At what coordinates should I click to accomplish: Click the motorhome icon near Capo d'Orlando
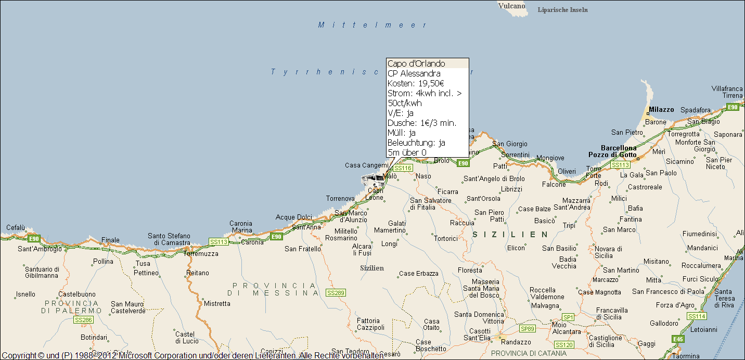coord(373,181)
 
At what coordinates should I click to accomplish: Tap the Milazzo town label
coord(661,110)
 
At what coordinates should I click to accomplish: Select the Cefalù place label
coord(16,227)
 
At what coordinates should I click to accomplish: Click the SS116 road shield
coord(403,168)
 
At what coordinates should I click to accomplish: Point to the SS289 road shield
coord(336,293)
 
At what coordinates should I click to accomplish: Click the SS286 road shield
coord(83,319)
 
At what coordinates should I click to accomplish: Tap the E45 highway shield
coord(677,339)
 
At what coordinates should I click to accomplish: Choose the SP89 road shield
coord(527,328)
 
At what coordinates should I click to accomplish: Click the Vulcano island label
coord(512,6)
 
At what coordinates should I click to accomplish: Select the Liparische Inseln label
coord(562,10)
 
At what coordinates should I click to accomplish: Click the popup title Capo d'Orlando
coord(416,63)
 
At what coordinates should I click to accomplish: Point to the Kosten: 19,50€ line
coord(415,83)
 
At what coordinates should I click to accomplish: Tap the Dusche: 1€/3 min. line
coord(421,123)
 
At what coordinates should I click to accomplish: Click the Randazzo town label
coord(516,342)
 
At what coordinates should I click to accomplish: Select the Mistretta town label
coord(217,303)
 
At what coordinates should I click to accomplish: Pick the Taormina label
coord(685,356)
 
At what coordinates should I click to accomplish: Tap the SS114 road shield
coord(697,316)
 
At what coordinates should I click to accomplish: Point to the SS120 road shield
coord(564,345)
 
